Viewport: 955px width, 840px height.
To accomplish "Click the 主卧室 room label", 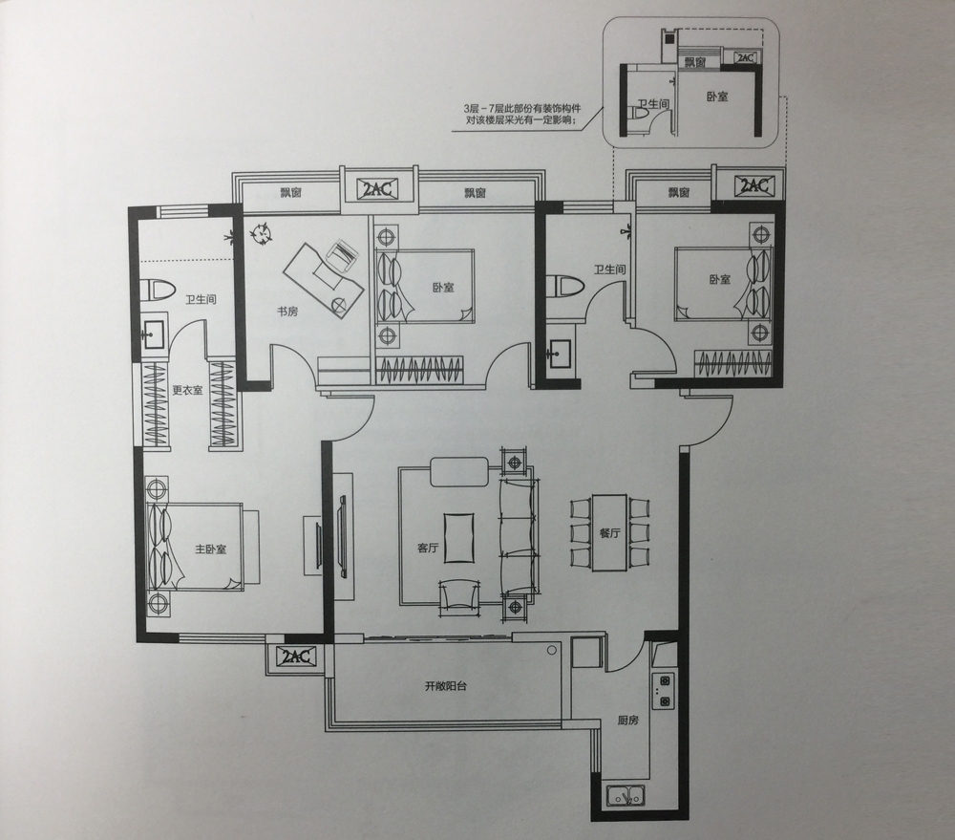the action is pyautogui.click(x=211, y=549).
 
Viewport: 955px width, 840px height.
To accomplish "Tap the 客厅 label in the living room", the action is pyautogui.click(x=428, y=548).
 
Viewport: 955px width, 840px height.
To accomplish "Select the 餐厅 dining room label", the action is pyautogui.click(x=609, y=532).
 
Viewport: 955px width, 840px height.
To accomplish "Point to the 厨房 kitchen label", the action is pyautogui.click(x=628, y=720).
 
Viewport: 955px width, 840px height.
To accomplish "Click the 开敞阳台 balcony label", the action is pyautogui.click(x=446, y=686).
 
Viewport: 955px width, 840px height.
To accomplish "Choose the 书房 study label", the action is pyautogui.click(x=287, y=312).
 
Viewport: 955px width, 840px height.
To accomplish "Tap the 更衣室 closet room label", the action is pyautogui.click(x=187, y=390).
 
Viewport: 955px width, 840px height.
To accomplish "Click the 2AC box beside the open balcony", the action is pyautogui.click(x=296, y=657).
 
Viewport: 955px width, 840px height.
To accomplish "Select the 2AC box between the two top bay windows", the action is pyautogui.click(x=378, y=189).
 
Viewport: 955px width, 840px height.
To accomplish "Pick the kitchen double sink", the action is pyautogui.click(x=626, y=795).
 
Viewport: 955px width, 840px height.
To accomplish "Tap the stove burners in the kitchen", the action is pyautogui.click(x=664, y=691).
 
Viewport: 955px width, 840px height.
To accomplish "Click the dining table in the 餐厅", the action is pyautogui.click(x=609, y=532).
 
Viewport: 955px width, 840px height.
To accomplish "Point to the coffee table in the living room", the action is pyautogui.click(x=459, y=538).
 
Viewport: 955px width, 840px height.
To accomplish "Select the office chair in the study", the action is pyautogui.click(x=341, y=255).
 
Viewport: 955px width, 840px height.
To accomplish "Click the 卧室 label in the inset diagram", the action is pyautogui.click(x=717, y=97).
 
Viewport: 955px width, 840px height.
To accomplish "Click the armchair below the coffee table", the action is pyautogui.click(x=458, y=596).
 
